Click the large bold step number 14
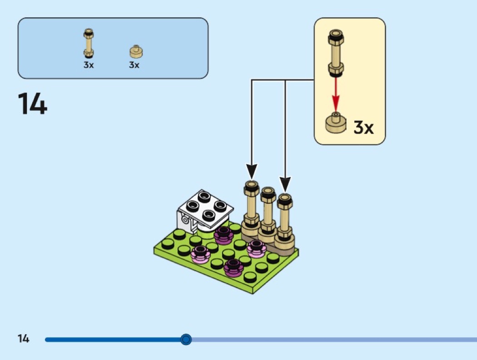[x=32, y=104]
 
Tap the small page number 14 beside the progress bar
[x=23, y=339]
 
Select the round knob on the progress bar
[x=186, y=339]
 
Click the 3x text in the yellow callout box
[x=363, y=128]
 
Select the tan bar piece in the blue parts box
[x=89, y=44]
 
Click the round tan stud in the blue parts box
[x=135, y=51]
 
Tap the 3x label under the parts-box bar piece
[x=89, y=65]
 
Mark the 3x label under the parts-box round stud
[x=134, y=65]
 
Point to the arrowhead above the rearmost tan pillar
[x=251, y=172]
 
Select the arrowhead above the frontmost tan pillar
[x=285, y=184]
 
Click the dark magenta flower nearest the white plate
[x=223, y=235]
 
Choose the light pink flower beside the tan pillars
[x=256, y=248]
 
